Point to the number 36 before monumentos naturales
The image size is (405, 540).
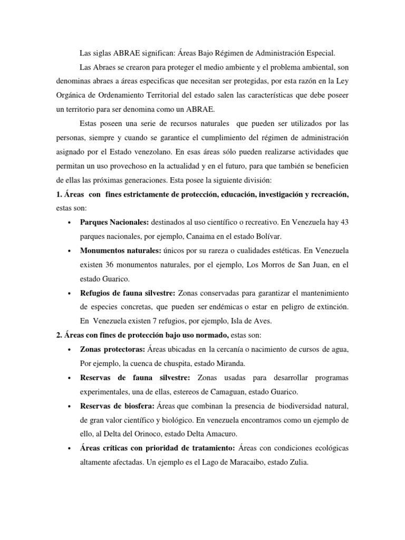[x=117, y=263]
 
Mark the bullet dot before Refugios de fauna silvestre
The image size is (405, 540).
[x=70, y=292]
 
